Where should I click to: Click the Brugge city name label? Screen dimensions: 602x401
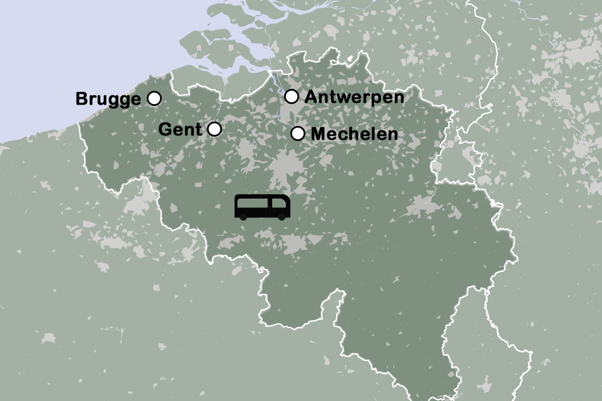point(108,99)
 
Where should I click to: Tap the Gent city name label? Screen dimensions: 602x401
point(181,130)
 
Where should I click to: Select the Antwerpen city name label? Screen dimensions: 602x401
point(354,97)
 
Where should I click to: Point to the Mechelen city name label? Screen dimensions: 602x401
point(354,134)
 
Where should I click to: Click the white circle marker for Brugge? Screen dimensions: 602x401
point(154,98)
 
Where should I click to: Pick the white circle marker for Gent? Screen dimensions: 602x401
point(214,129)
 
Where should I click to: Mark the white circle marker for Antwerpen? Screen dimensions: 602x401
point(291,96)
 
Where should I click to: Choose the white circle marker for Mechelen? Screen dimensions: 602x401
point(298,133)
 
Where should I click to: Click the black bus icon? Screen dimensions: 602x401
point(263,207)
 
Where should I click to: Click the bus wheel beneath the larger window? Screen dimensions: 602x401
point(243,216)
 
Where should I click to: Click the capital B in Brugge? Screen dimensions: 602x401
point(81,99)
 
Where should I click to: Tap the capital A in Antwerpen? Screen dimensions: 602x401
point(310,97)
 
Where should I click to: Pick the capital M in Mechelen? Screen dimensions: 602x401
point(317,134)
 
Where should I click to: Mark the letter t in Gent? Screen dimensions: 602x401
point(199,130)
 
